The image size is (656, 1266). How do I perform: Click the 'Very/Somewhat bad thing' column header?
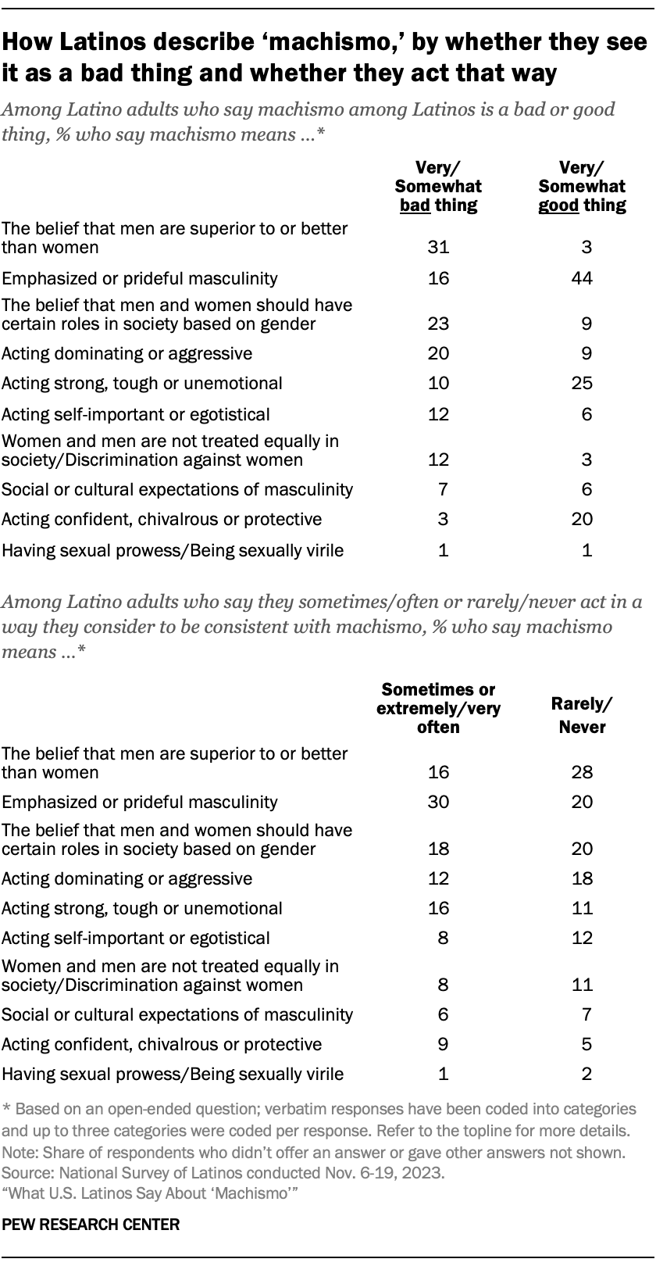click(x=438, y=186)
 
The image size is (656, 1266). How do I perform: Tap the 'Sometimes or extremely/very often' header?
click(x=438, y=708)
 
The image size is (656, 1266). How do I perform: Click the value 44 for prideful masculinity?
click(x=583, y=277)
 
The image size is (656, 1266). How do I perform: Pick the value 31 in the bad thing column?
click(x=438, y=248)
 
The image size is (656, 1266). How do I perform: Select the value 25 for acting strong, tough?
click(x=583, y=383)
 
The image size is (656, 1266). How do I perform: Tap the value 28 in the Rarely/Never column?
click(x=583, y=773)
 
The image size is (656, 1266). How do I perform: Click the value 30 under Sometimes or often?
click(x=438, y=802)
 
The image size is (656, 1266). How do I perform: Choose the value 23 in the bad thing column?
click(x=438, y=324)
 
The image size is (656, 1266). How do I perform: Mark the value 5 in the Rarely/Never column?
click(x=586, y=1044)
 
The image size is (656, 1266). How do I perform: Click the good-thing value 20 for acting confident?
click(x=583, y=519)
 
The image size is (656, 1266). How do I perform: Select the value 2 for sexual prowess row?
click(x=586, y=1074)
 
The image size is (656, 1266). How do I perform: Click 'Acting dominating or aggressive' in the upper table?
click(x=127, y=353)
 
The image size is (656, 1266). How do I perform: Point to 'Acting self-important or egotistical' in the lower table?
click(x=136, y=938)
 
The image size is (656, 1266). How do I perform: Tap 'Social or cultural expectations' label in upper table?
click(x=177, y=489)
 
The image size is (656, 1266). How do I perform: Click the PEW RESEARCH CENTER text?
click(x=91, y=1225)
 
